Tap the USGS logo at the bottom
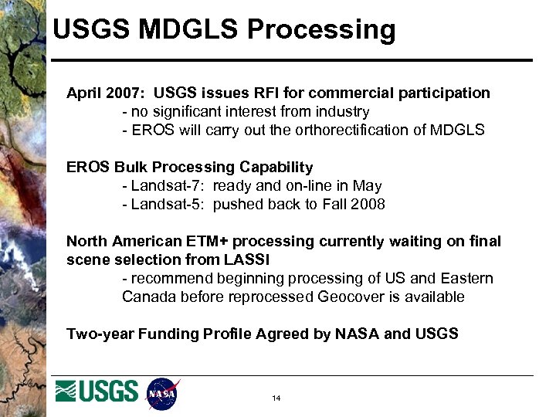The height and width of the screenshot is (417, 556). (x=97, y=392)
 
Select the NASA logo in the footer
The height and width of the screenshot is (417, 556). (x=162, y=394)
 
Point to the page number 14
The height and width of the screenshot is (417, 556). (x=276, y=398)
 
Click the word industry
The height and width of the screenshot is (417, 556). (x=342, y=112)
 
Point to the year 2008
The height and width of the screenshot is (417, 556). (x=368, y=205)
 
